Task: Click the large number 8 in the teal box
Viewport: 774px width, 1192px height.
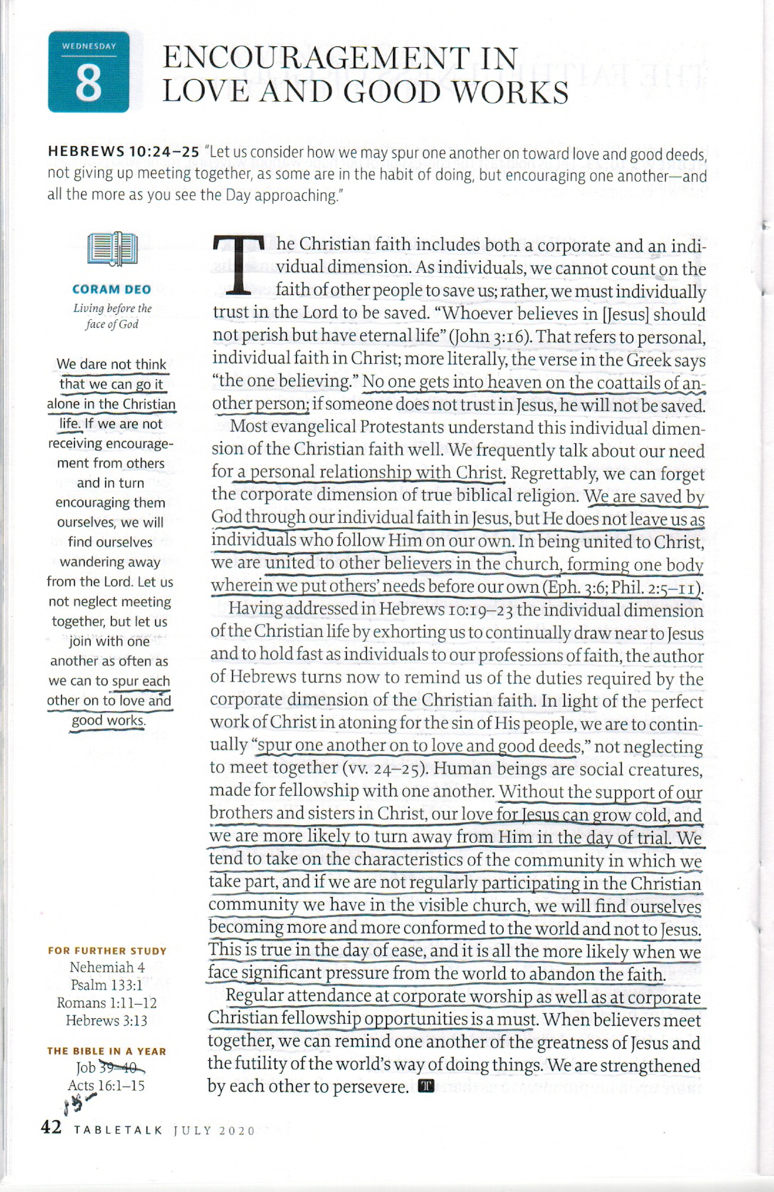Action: [x=88, y=83]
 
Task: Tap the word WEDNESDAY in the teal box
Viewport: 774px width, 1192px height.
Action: [x=88, y=46]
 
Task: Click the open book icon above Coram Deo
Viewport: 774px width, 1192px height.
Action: [x=112, y=249]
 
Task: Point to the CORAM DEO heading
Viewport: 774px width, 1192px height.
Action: [x=112, y=289]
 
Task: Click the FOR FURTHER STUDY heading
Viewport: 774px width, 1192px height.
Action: [x=107, y=950]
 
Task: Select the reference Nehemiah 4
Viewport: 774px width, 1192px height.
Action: [x=107, y=968]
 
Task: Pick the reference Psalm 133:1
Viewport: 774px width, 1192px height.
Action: [x=107, y=985]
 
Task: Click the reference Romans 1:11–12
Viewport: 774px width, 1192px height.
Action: [x=107, y=1003]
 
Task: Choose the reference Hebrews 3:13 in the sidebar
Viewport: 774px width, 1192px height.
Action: [x=107, y=1020]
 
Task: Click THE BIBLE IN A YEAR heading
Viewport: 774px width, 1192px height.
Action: [x=107, y=1051]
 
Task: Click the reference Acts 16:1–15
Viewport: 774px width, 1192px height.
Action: [x=107, y=1086]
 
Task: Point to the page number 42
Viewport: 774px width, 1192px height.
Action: [x=52, y=1128]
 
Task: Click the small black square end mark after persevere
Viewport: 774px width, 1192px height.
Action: [x=427, y=1086]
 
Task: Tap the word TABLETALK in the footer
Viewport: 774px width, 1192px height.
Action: [x=118, y=1131]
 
